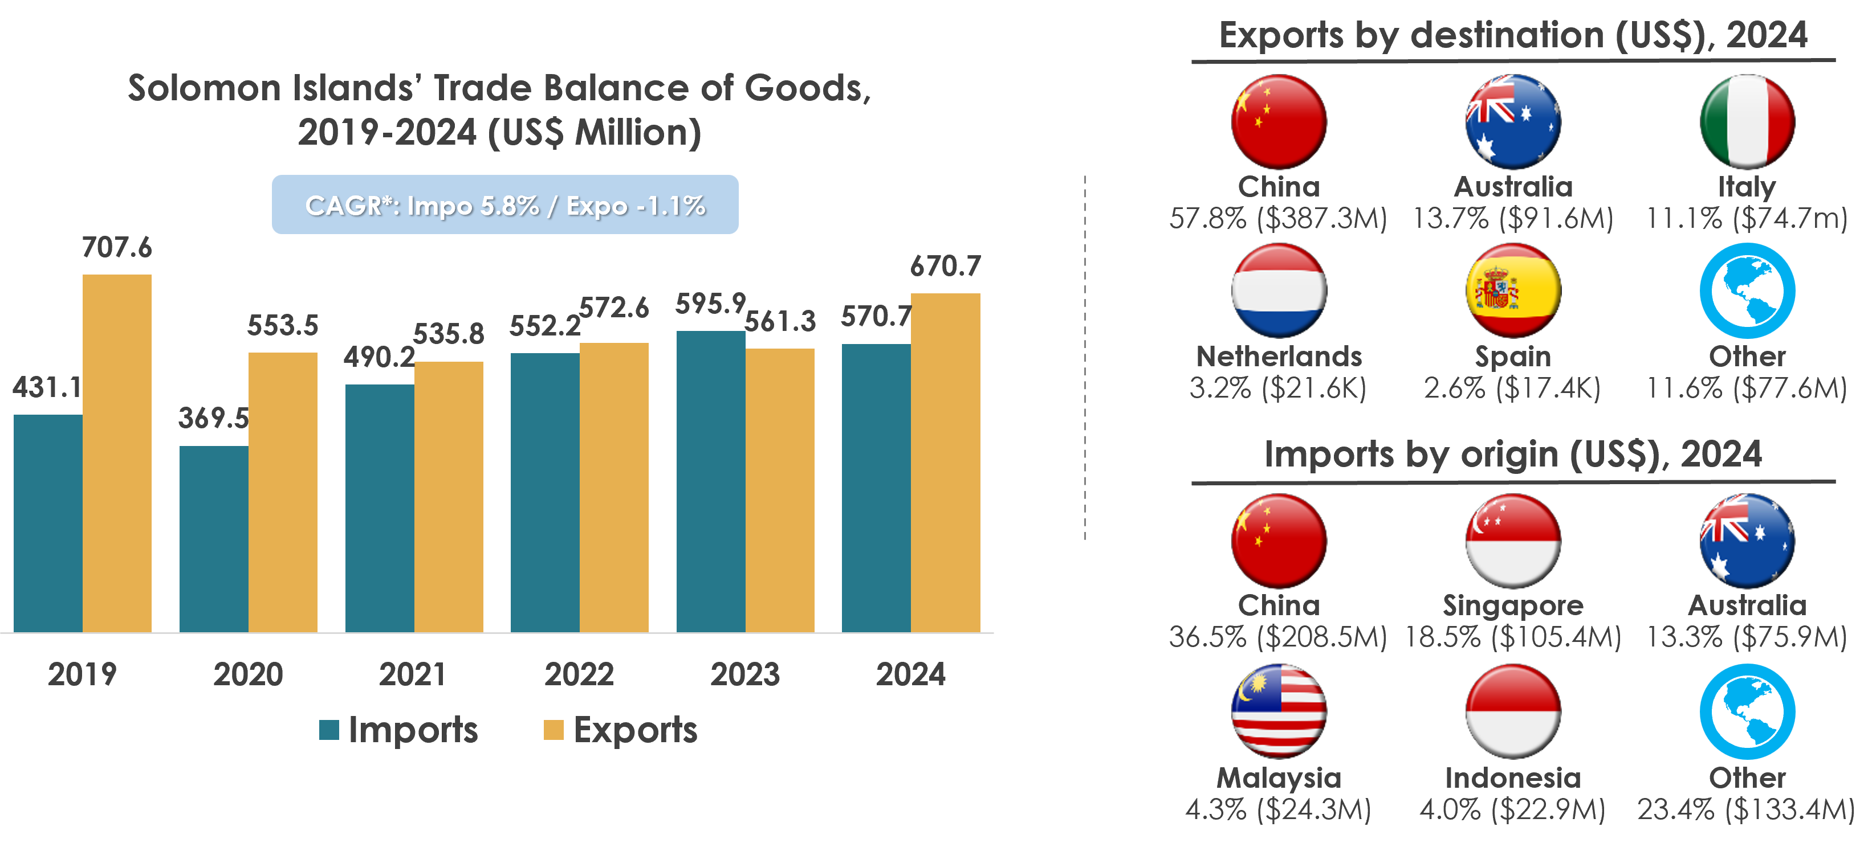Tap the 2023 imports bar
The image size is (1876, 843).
point(710,481)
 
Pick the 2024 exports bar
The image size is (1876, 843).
point(945,463)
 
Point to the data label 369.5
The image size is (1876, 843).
point(213,418)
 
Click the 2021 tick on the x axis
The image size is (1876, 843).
point(412,674)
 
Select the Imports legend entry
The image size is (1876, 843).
point(399,730)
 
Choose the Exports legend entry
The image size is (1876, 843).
point(621,730)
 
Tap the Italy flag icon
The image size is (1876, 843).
point(1747,121)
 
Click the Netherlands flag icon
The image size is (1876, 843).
point(1279,290)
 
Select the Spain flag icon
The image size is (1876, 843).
point(1512,290)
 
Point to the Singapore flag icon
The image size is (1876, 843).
point(1512,541)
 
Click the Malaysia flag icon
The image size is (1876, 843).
point(1279,711)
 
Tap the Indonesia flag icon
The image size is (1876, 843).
point(1512,711)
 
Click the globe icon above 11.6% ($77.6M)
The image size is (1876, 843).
point(1747,290)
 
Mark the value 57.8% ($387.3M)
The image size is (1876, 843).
point(1278,218)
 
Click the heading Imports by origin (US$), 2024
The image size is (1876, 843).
point(1512,455)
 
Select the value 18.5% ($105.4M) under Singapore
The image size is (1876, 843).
point(1512,637)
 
